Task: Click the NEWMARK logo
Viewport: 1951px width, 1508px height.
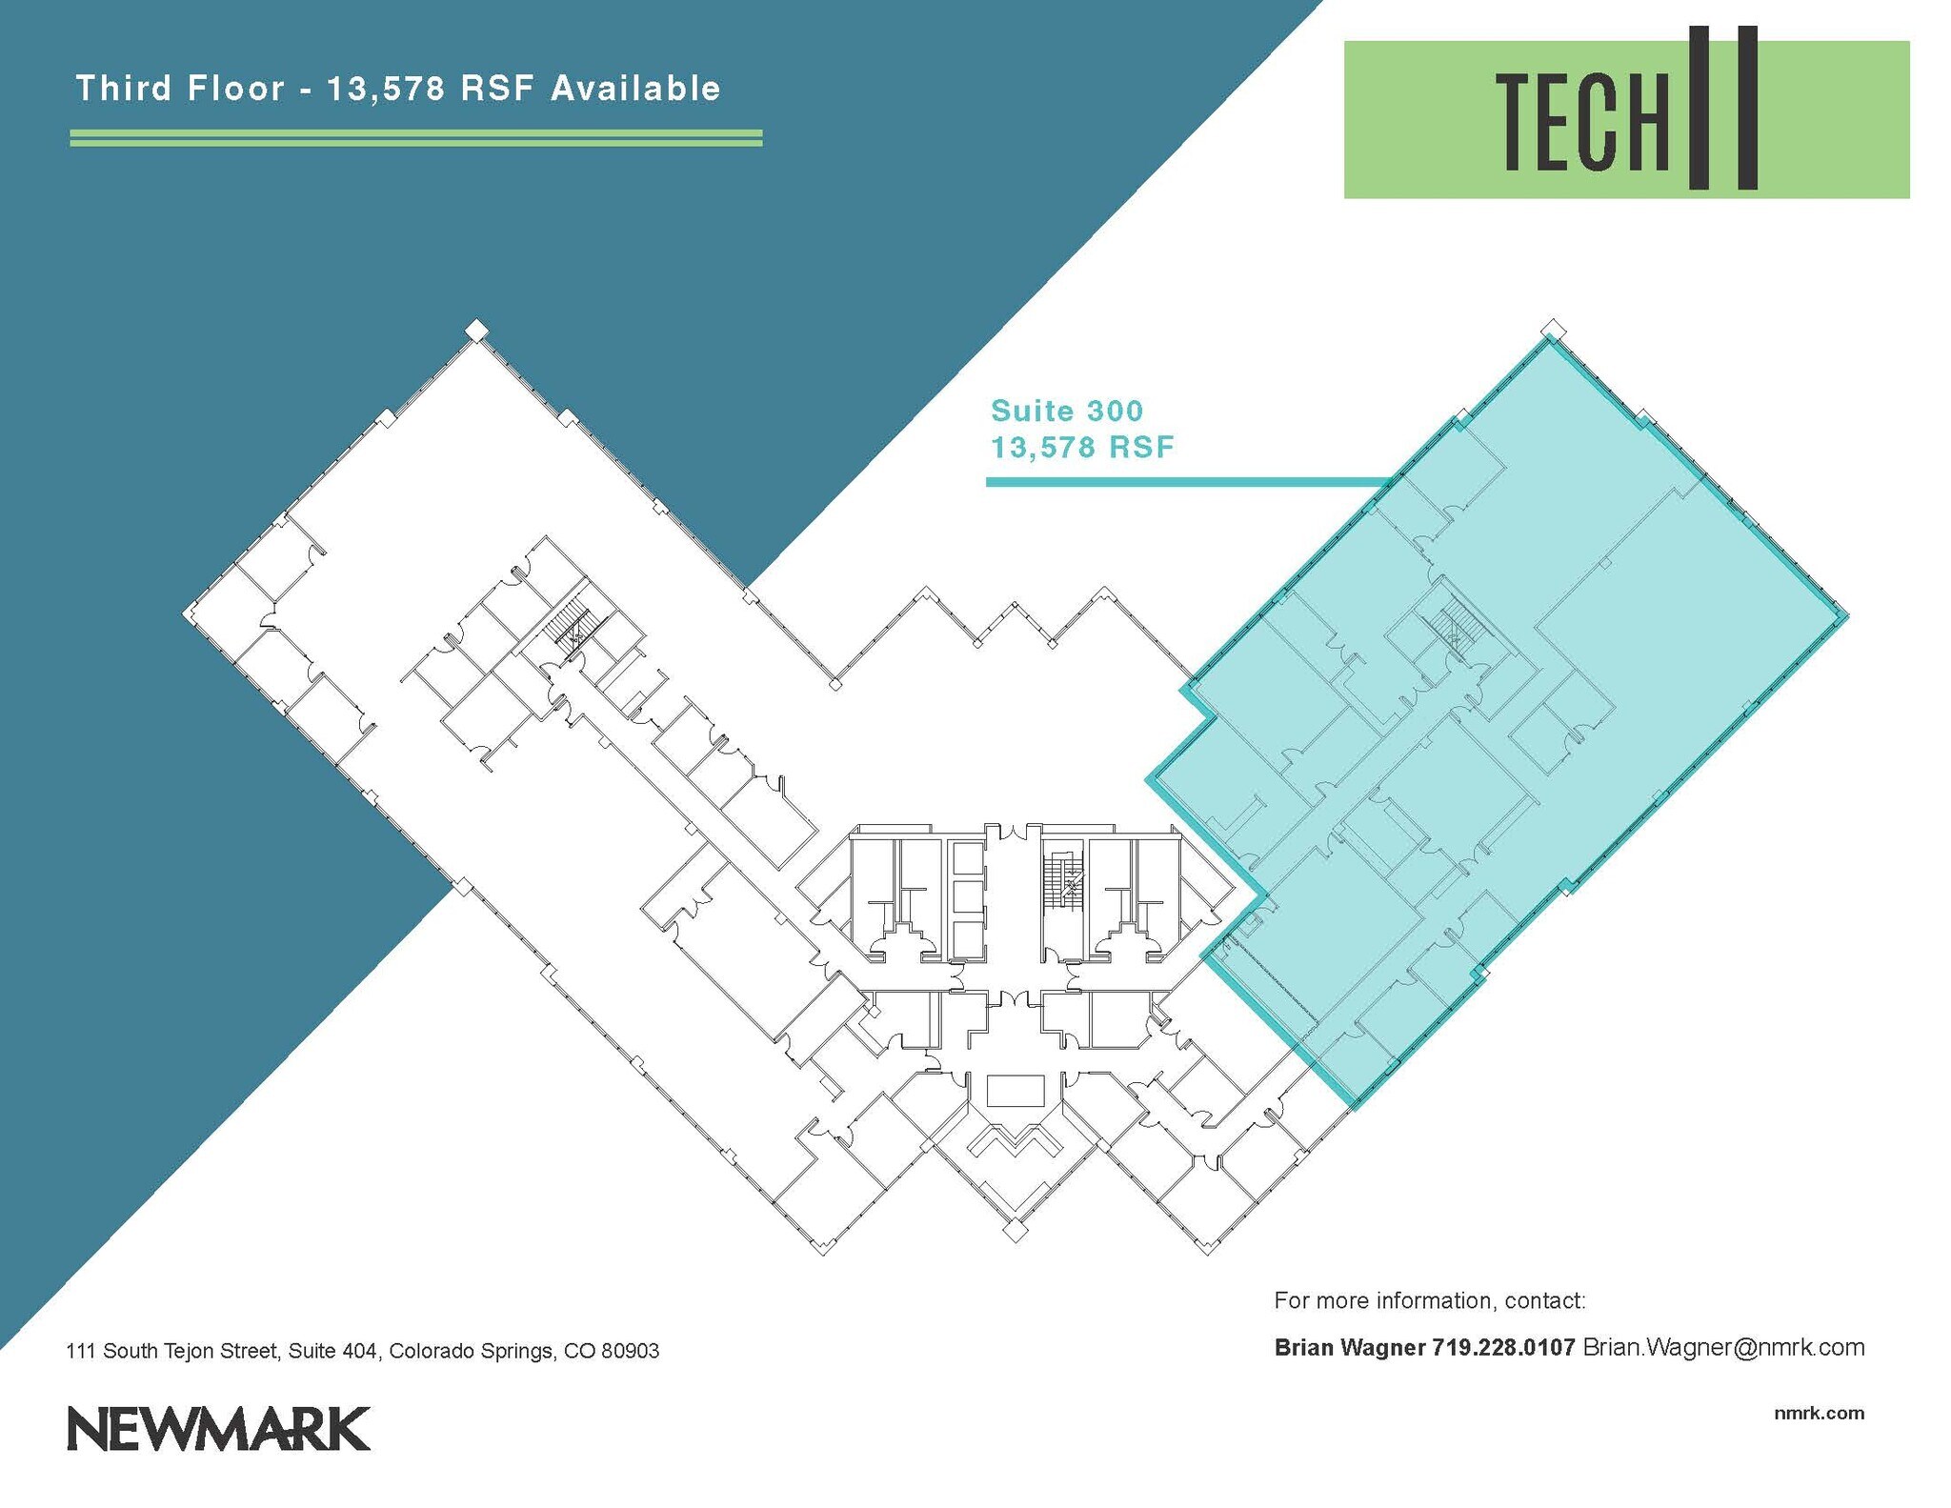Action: pyautogui.click(x=218, y=1428)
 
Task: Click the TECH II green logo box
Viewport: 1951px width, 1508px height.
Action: pyautogui.click(x=1625, y=119)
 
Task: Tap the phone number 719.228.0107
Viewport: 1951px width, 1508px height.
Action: pyautogui.click(x=1503, y=1348)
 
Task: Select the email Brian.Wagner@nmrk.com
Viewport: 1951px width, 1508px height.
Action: pyautogui.click(x=1723, y=1348)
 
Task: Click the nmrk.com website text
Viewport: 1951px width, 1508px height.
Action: pyautogui.click(x=1819, y=1413)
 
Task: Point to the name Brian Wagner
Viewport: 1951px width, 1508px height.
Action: pyautogui.click(x=1349, y=1348)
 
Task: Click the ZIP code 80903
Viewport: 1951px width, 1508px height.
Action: pyautogui.click(x=630, y=1351)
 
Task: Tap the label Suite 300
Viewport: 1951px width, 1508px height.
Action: pyautogui.click(x=1067, y=411)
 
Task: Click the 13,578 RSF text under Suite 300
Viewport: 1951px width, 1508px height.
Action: pyautogui.click(x=1082, y=447)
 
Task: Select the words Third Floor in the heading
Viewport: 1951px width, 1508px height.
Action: pyautogui.click(x=180, y=89)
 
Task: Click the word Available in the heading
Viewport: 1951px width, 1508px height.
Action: pyautogui.click(x=635, y=89)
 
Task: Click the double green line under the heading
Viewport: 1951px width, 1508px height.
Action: pyautogui.click(x=416, y=138)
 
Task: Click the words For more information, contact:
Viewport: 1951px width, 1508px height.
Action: pyautogui.click(x=1429, y=1300)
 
